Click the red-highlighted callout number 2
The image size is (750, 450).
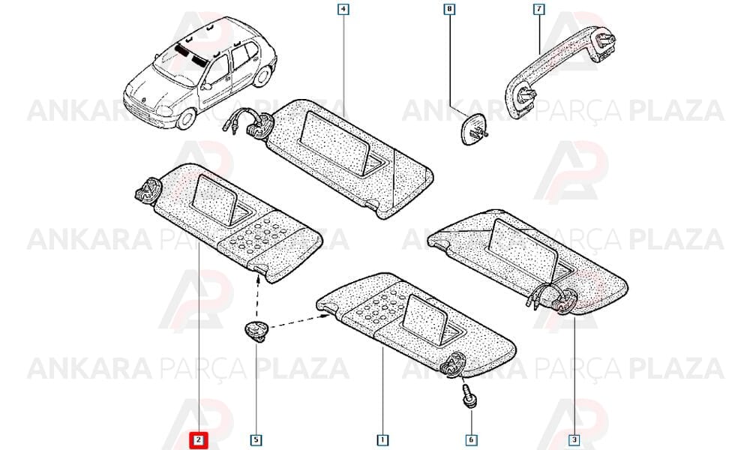(199, 440)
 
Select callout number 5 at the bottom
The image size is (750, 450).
(256, 440)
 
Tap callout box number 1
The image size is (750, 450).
(382, 440)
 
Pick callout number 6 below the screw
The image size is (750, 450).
(471, 440)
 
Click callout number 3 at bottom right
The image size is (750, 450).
(574, 440)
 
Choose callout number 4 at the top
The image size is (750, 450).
(343, 9)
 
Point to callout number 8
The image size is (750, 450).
(449, 9)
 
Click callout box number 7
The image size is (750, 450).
(539, 9)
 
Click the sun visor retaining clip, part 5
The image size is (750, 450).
(256, 331)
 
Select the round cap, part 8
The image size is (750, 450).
(472, 130)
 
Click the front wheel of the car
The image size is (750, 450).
(185, 118)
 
